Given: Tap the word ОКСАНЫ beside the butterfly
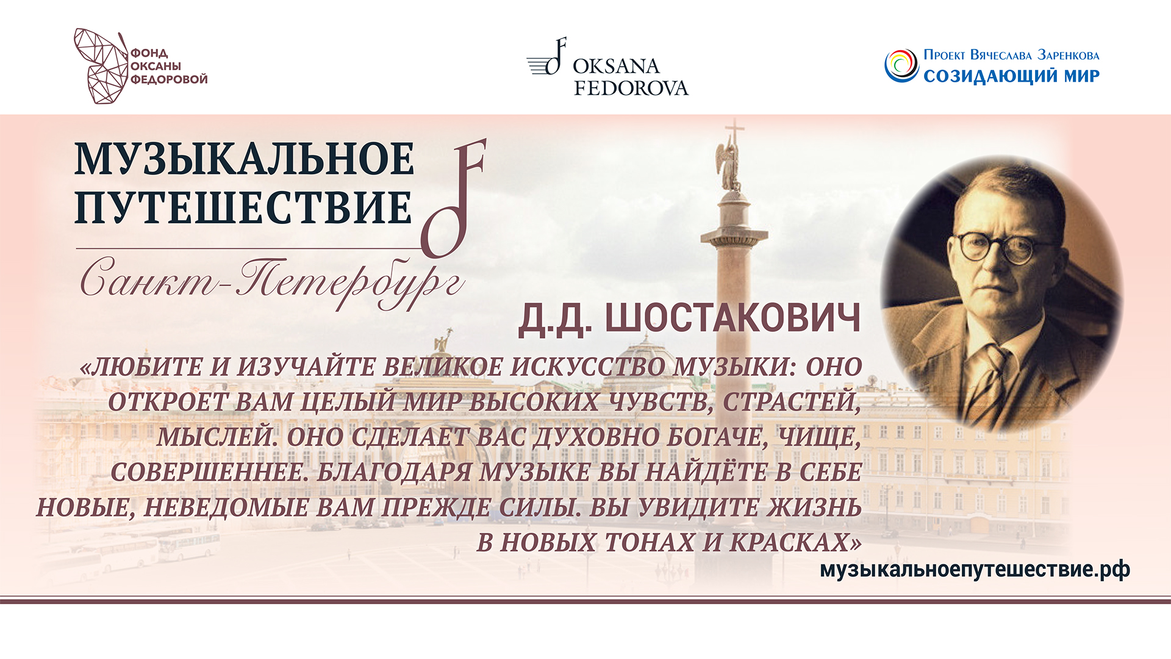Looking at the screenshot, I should coord(156,66).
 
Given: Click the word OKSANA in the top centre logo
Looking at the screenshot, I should coord(616,66).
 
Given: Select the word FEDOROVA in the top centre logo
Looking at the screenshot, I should coord(631,88).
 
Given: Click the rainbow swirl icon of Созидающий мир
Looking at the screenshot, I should coord(901,66).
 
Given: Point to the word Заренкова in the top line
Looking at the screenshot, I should coord(1069,55).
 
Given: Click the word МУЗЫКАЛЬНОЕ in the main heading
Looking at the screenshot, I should coord(244,160).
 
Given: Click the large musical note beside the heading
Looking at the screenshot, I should coord(454,201).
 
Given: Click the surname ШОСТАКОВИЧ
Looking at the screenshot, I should coord(732,319).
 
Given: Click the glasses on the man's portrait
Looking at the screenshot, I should coord(996,247).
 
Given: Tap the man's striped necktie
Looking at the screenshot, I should coord(989,378).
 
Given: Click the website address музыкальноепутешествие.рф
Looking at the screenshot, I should coord(975,569).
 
